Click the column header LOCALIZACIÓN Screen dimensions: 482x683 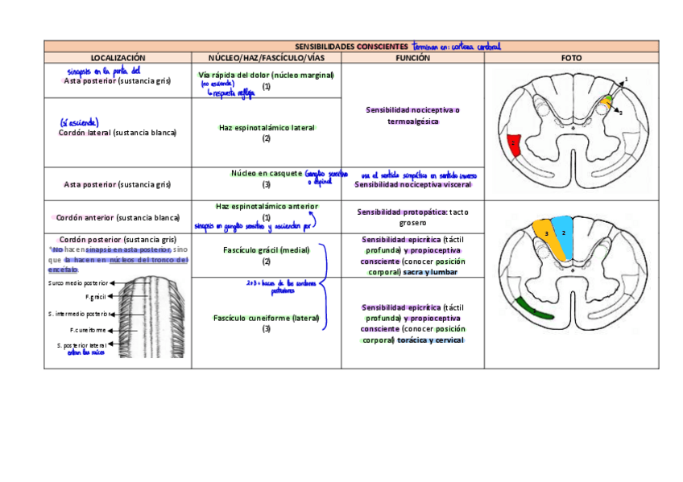118,58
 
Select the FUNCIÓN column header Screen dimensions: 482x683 412,58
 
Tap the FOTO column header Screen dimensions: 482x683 571,58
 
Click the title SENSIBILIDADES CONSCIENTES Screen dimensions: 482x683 351,47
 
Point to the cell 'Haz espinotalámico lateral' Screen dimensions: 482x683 267,128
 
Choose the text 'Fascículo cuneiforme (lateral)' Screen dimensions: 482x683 266,318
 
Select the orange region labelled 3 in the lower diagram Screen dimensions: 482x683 548,235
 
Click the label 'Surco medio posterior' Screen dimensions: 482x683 77,283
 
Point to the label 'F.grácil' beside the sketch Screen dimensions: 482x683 96,297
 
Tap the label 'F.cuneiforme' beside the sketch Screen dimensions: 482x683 89,330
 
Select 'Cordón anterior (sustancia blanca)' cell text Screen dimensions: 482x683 118,217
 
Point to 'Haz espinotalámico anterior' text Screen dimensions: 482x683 267,207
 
